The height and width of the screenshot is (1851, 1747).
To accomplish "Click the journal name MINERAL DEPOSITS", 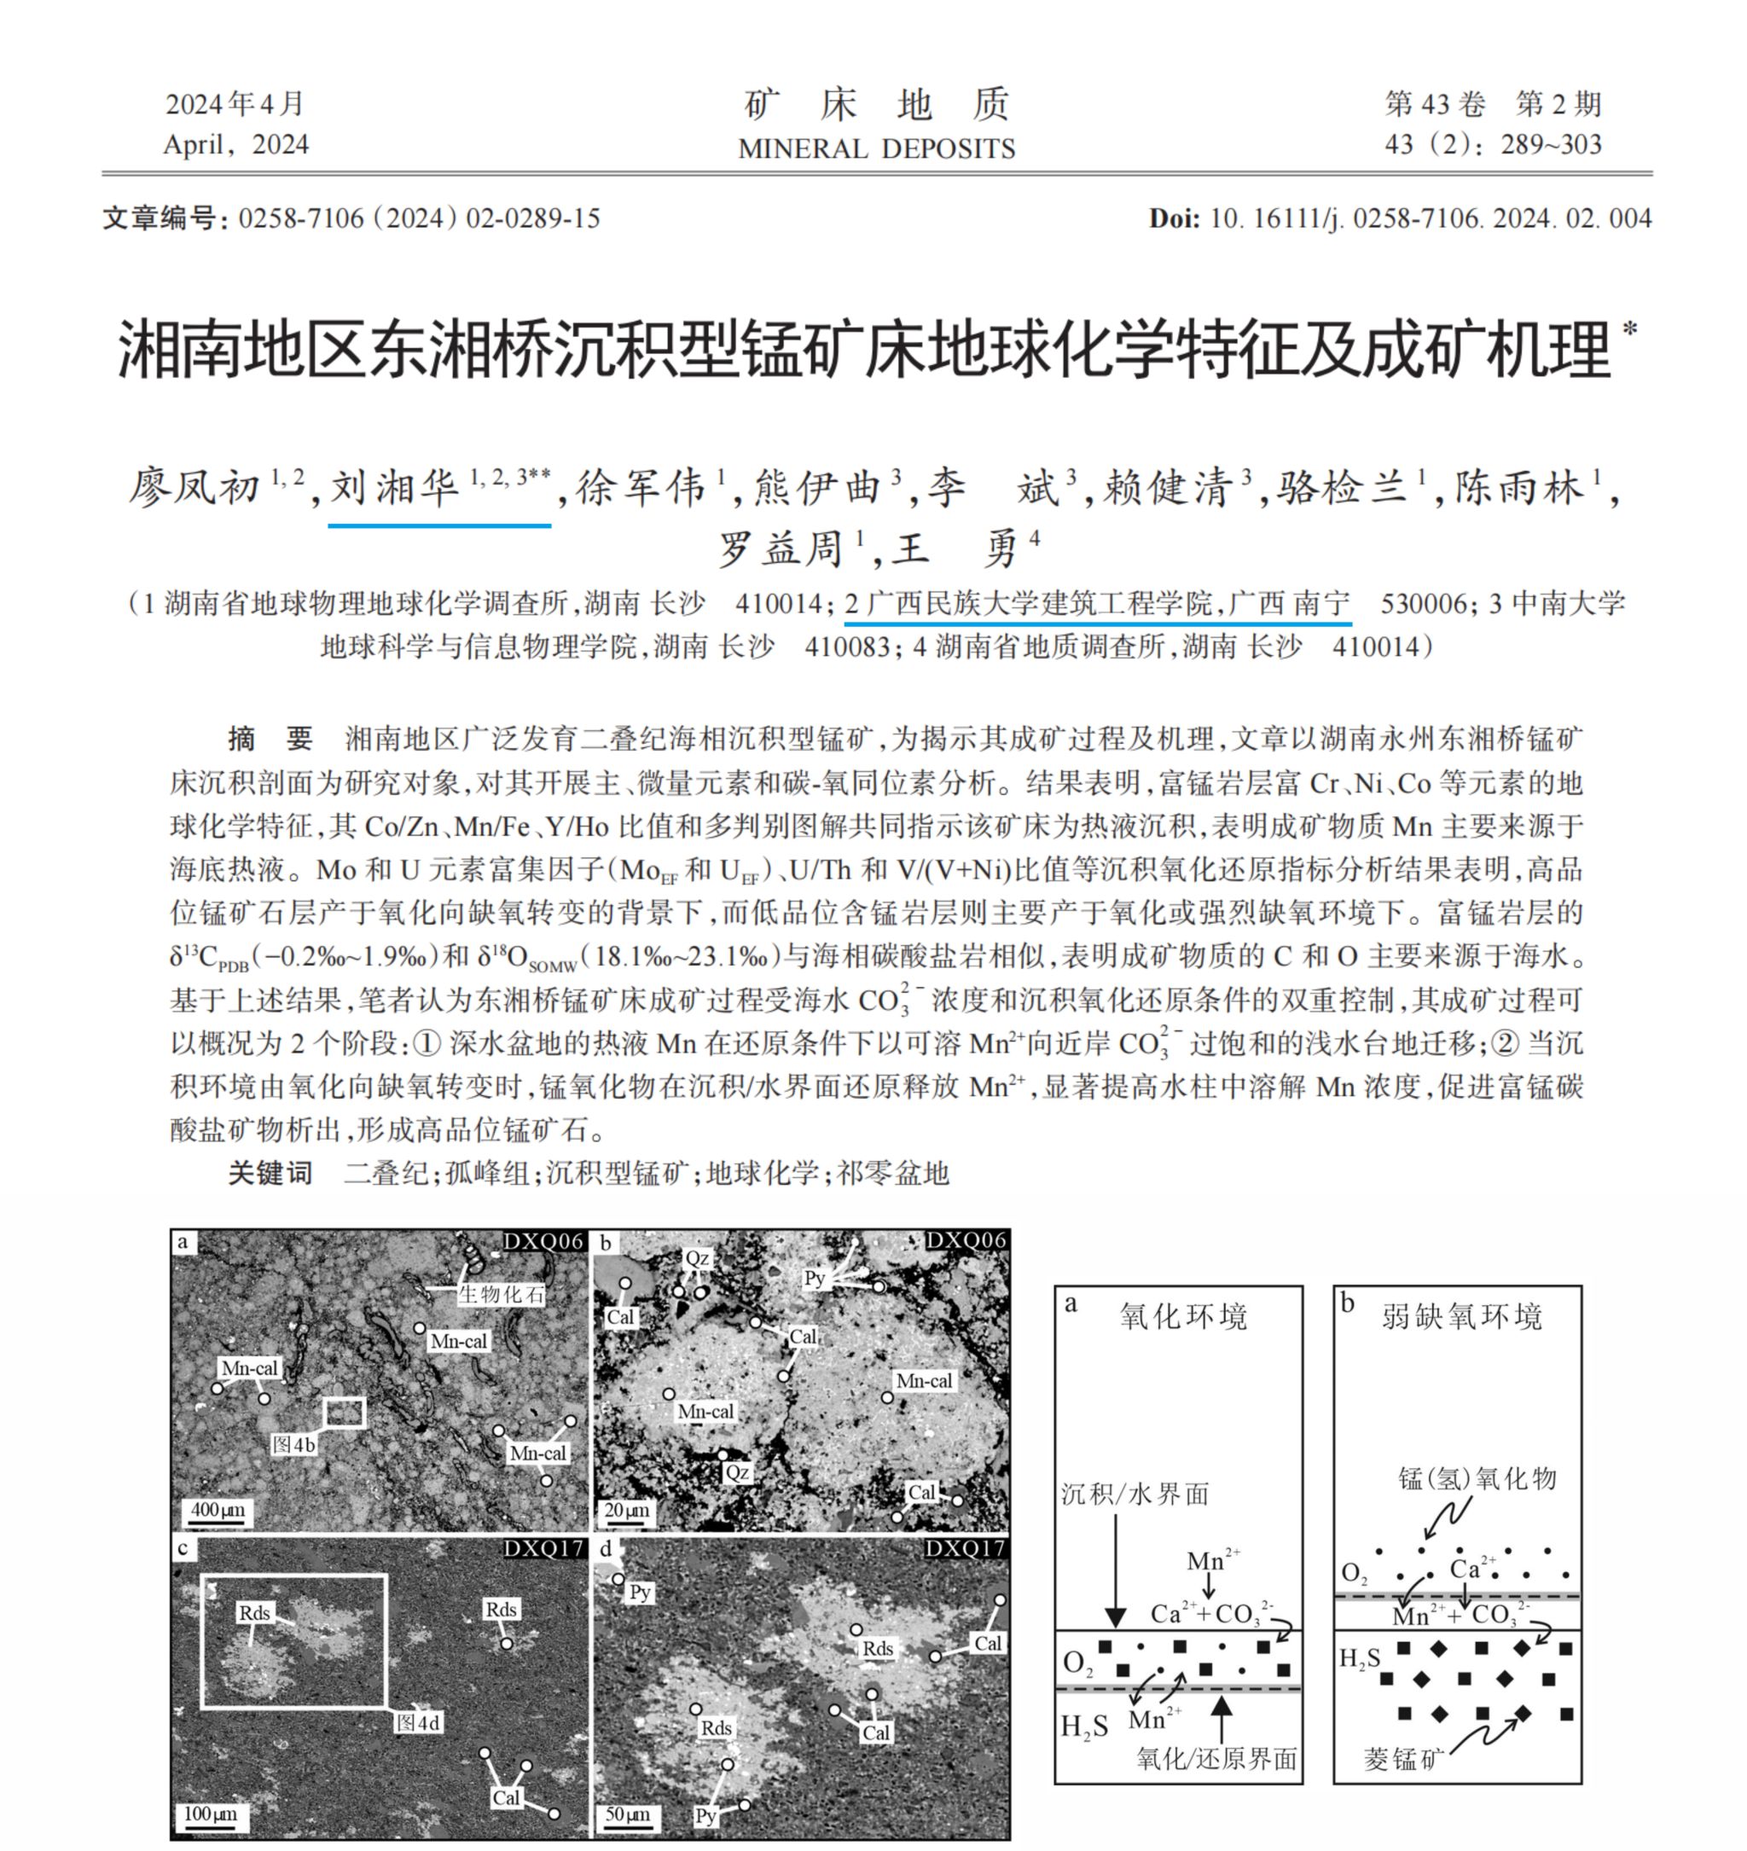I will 876,149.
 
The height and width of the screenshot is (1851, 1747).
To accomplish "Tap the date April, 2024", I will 235,145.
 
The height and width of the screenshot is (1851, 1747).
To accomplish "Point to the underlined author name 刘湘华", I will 396,487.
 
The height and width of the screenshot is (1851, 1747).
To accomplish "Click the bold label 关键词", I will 270,1173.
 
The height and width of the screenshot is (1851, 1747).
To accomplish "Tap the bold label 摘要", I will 270,740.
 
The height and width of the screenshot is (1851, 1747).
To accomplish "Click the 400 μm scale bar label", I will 218,1509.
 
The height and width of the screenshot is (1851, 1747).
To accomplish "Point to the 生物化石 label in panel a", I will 500,1293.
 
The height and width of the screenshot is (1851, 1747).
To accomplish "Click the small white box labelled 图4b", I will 344,1413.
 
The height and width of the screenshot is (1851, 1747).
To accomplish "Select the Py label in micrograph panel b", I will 815,1279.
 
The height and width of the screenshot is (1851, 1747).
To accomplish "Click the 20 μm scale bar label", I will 627,1509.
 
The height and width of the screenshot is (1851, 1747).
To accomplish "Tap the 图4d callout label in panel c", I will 418,1722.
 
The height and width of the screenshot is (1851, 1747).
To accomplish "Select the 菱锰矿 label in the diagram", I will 1404,1759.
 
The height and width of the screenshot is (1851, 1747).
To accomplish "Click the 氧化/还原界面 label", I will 1216,1758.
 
